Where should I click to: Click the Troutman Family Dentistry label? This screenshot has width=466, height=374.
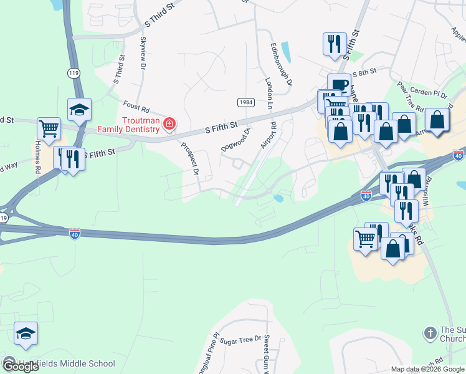click(128, 125)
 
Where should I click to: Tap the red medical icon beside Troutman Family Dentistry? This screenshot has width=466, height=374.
click(168, 125)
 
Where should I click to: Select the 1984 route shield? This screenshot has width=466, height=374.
click(245, 102)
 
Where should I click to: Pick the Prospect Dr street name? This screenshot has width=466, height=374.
click(190, 159)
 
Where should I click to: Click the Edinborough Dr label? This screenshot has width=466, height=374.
click(281, 64)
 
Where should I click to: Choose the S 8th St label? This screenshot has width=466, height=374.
click(364, 73)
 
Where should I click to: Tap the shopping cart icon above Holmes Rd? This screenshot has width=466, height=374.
click(49, 129)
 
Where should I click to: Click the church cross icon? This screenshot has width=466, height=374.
click(430, 333)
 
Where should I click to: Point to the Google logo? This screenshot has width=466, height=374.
click(21, 367)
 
